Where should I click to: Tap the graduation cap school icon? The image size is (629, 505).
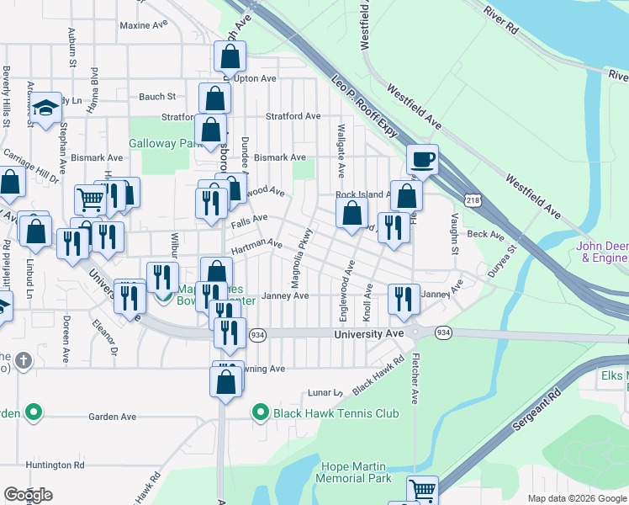[x=45, y=109]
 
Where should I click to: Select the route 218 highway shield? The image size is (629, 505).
[x=473, y=198]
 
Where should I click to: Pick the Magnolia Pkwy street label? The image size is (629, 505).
[x=302, y=258]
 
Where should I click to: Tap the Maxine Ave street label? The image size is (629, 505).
[x=144, y=25]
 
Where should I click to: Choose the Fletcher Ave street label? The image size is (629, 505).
[x=415, y=378]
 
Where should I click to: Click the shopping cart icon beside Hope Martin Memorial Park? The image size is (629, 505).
[x=422, y=491]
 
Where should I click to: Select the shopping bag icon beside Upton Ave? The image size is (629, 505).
[x=230, y=57]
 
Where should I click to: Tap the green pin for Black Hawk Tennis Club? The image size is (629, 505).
[x=262, y=413]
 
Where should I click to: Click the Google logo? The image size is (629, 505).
[x=28, y=496]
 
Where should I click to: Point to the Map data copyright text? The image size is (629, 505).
[x=577, y=498]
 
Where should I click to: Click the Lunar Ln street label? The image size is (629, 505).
[x=325, y=393]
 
